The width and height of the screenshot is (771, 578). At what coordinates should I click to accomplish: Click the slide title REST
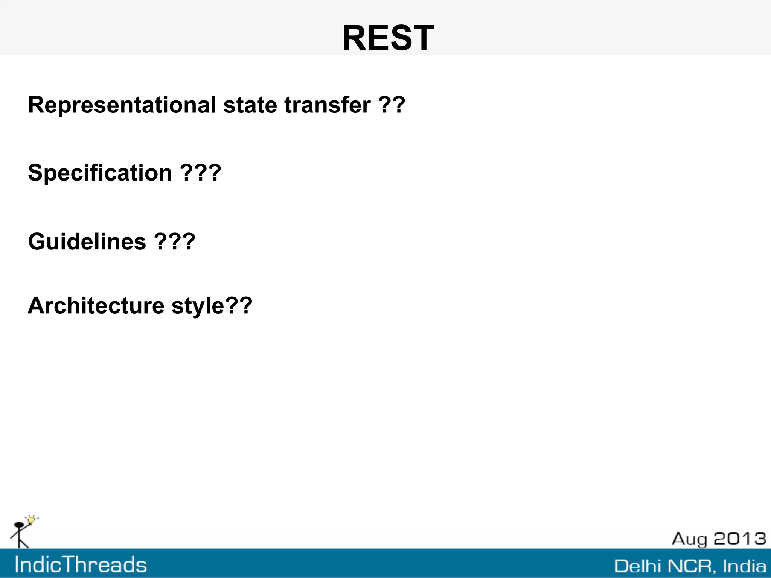(388, 38)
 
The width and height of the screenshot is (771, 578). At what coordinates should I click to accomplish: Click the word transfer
(327, 105)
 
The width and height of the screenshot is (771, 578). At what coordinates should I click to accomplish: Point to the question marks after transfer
(392, 105)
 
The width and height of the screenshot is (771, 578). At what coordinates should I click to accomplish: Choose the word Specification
(100, 173)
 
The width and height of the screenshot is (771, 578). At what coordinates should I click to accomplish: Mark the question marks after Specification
(200, 173)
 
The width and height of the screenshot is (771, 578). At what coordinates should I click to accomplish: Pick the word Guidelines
(87, 241)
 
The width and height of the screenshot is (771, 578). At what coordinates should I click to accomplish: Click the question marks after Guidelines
(175, 241)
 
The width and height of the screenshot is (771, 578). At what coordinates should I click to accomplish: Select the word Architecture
(96, 306)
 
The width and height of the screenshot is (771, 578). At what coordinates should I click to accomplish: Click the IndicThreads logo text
(81, 565)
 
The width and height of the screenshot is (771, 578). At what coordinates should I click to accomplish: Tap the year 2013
(740, 539)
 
